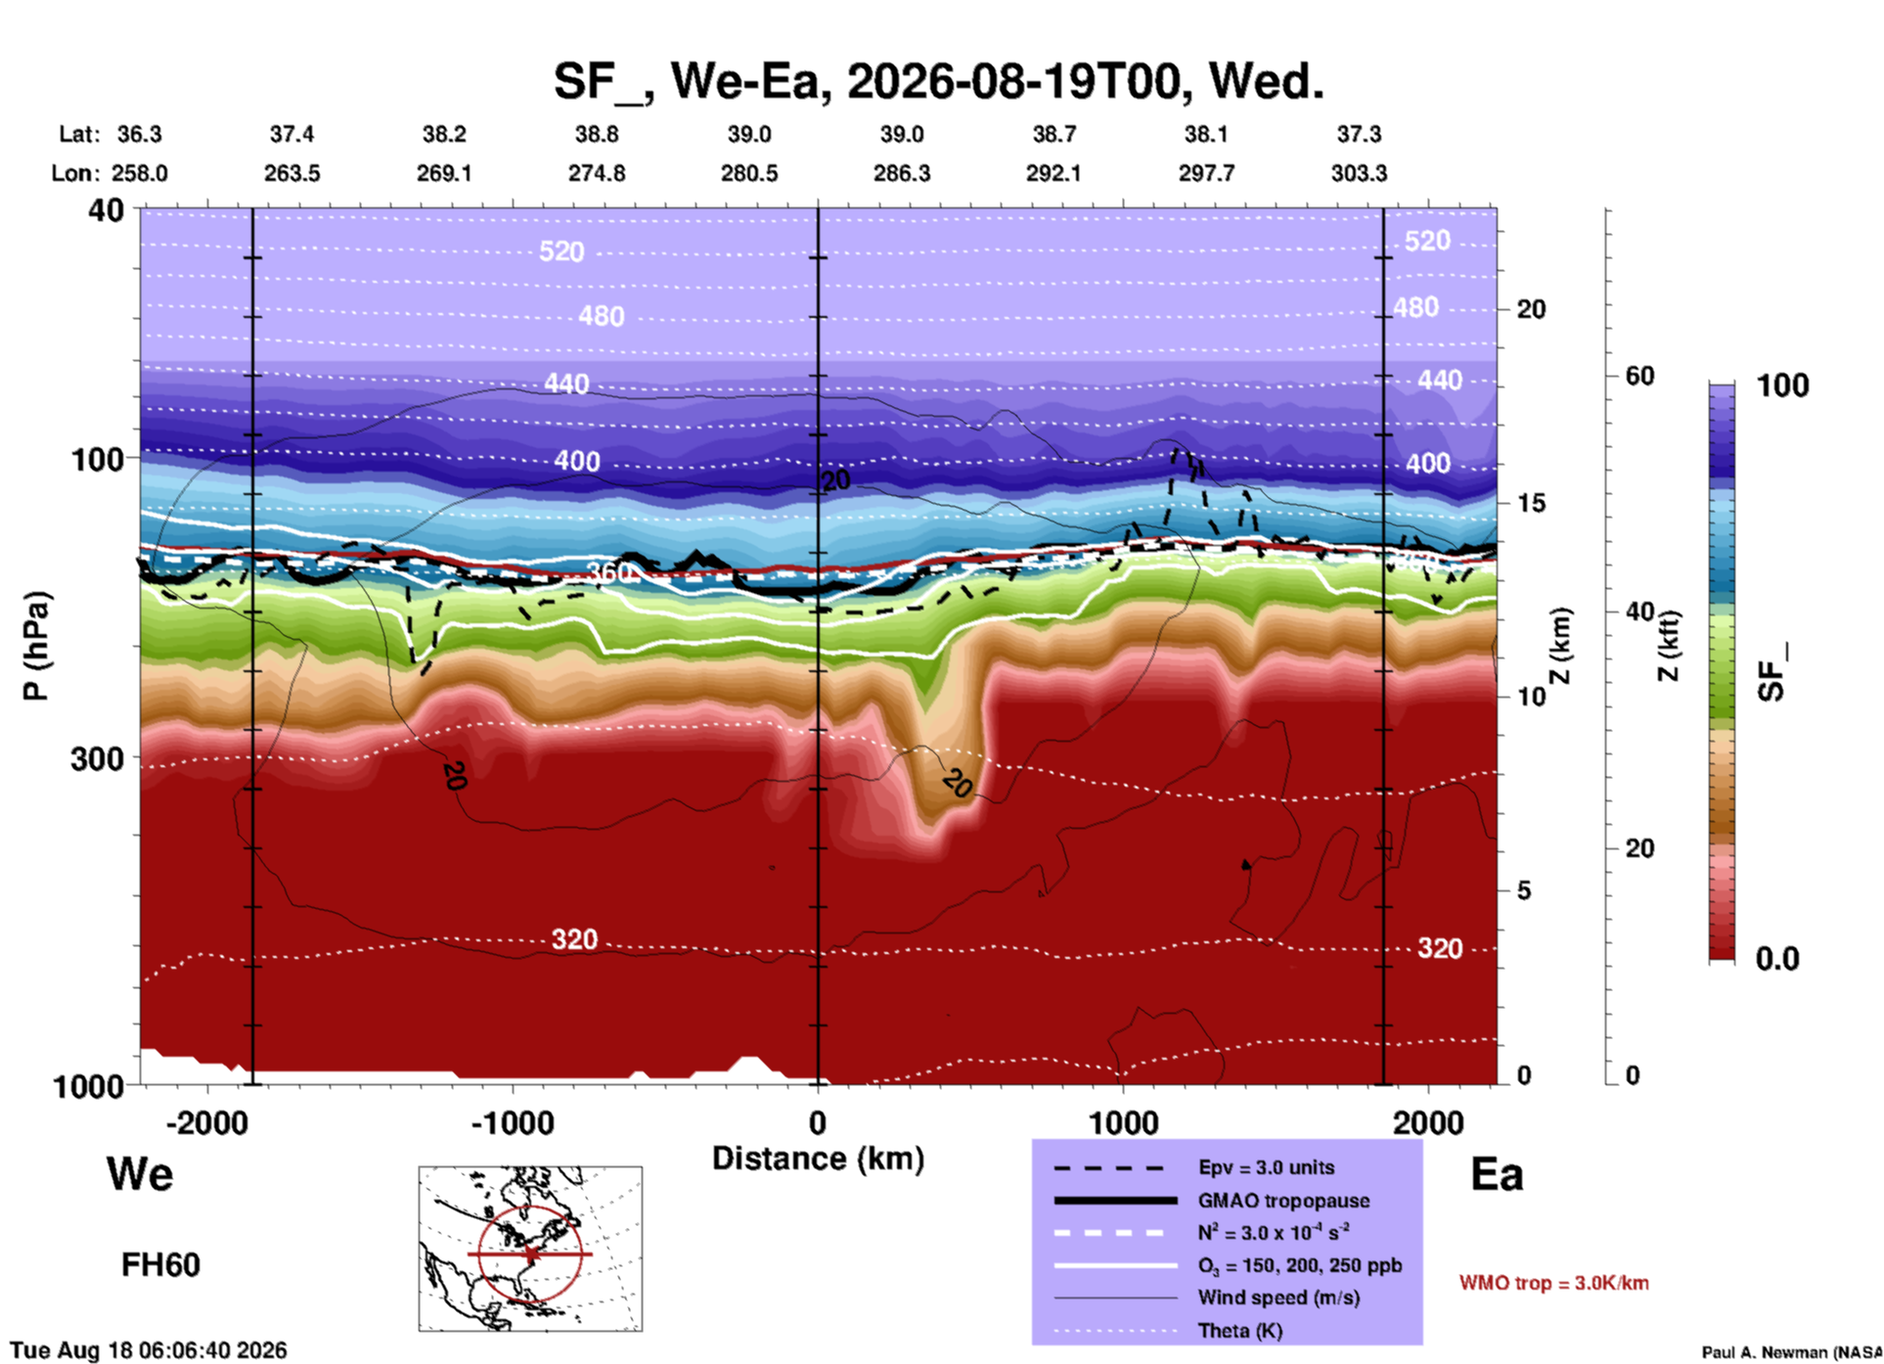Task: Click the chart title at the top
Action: point(938,81)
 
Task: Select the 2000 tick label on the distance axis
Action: point(1428,1122)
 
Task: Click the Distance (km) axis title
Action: point(818,1159)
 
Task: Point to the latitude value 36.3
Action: point(140,134)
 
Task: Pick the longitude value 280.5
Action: point(749,173)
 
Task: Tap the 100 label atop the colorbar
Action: point(1782,386)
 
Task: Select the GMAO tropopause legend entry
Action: point(1283,1201)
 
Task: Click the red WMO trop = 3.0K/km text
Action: point(1553,1283)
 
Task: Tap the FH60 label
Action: point(160,1265)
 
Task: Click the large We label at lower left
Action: point(140,1174)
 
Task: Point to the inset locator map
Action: point(530,1249)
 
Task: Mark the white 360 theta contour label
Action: point(609,572)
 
